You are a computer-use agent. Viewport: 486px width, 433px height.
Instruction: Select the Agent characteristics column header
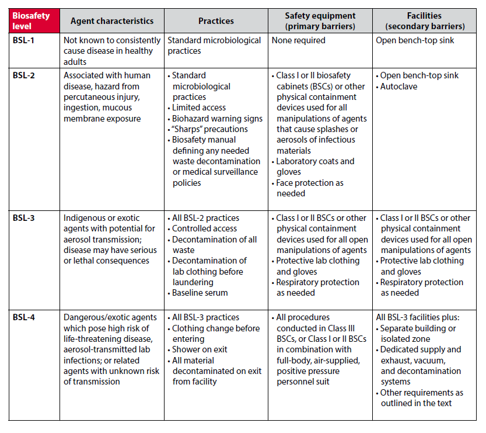click(112, 21)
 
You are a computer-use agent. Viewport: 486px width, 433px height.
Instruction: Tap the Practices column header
click(216, 21)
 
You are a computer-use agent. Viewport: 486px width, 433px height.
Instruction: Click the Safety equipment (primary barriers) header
click(320, 21)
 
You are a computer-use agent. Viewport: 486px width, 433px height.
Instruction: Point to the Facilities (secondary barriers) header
click(424, 21)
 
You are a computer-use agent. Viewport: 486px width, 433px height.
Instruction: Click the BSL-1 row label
click(25, 40)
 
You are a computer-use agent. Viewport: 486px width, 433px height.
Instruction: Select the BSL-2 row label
click(25, 75)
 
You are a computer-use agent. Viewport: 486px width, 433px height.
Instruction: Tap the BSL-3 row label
click(25, 218)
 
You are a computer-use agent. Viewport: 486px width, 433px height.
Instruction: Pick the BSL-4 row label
click(25, 317)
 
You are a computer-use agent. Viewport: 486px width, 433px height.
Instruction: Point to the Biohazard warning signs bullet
click(217, 119)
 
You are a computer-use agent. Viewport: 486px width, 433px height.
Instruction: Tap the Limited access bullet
click(199, 108)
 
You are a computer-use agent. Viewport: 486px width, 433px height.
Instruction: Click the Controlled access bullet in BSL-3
click(204, 228)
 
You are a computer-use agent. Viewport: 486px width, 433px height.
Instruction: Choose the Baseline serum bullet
click(200, 293)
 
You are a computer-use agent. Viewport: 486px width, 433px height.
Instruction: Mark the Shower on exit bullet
click(200, 349)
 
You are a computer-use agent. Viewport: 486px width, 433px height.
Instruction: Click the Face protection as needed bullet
click(310, 188)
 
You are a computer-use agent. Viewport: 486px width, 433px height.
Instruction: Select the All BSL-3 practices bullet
click(205, 317)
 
